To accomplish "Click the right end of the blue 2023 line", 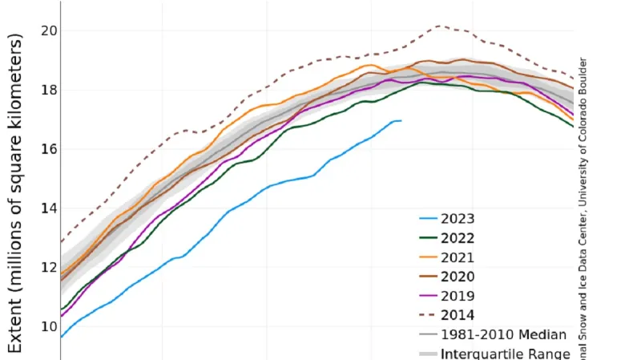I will click(401, 120).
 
